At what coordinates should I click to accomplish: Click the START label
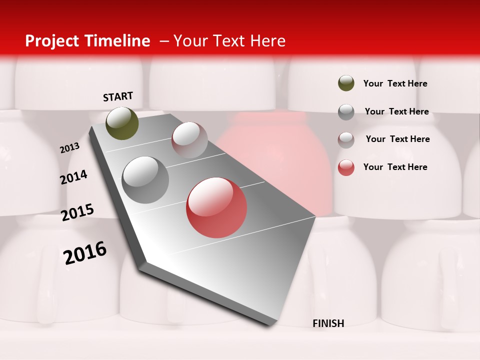click(118, 96)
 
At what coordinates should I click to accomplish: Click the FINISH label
click(328, 323)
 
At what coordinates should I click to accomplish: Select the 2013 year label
click(69, 148)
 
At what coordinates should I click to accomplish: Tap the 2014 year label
click(73, 177)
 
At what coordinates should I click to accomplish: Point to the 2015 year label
click(77, 212)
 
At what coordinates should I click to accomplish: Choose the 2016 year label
click(85, 253)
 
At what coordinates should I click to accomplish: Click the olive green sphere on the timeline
click(122, 123)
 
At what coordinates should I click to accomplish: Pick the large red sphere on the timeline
click(216, 207)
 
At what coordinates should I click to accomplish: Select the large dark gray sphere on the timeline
click(145, 180)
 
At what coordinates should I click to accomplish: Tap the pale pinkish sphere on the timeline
click(189, 139)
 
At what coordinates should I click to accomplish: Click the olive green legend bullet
click(346, 83)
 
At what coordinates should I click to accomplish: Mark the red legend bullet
click(346, 167)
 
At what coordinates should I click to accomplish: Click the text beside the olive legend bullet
click(395, 84)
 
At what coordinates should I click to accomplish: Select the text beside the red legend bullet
click(395, 167)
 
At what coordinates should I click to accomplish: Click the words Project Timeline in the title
click(87, 41)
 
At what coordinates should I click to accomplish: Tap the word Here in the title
click(267, 41)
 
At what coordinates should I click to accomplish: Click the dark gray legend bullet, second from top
click(346, 112)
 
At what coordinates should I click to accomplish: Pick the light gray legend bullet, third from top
click(346, 140)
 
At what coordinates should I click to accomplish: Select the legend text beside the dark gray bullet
click(396, 111)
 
